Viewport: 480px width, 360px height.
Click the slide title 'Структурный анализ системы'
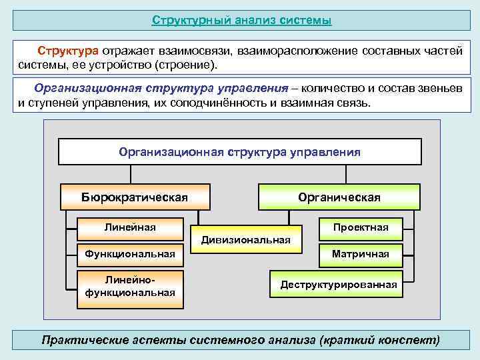tap(241, 21)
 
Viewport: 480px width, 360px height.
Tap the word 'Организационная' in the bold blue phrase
tap(78, 88)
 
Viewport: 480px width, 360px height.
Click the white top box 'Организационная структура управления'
tap(239, 152)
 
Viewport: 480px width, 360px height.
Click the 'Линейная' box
tap(130, 228)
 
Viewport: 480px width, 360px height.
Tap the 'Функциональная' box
tap(130, 253)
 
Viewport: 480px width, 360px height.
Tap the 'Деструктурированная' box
tap(338, 285)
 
